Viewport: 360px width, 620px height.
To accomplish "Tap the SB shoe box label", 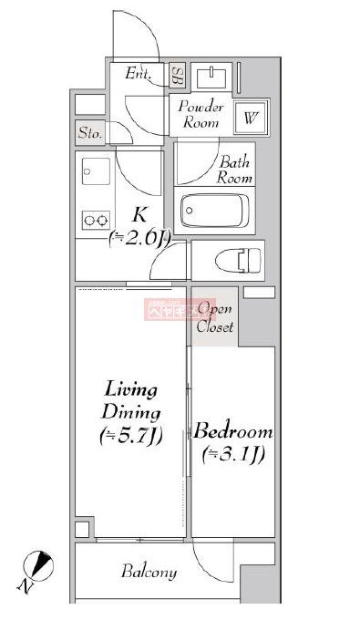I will (x=177, y=75).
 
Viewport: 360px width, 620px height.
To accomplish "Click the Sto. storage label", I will (x=88, y=132).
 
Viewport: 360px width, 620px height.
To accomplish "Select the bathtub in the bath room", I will (x=216, y=212).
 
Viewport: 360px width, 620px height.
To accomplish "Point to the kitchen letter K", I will (x=139, y=216).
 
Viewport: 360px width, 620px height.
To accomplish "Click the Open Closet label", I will (x=215, y=316).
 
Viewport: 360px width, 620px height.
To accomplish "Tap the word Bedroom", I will (x=233, y=430).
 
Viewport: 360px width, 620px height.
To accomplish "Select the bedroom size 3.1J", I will (x=233, y=454).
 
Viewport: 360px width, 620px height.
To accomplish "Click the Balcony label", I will (x=149, y=573).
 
